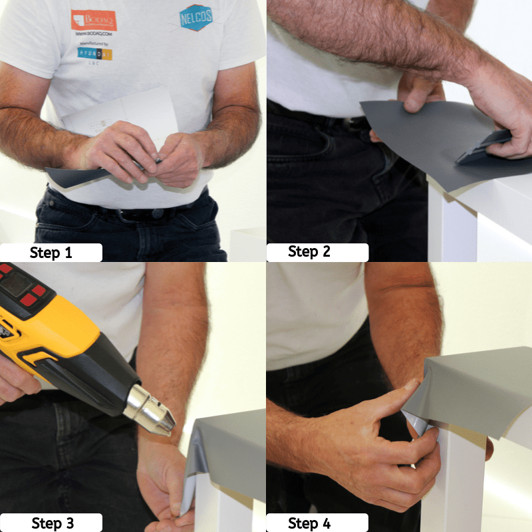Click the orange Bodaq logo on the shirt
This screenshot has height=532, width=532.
[x=94, y=20]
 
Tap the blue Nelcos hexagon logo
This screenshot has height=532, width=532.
[x=196, y=17]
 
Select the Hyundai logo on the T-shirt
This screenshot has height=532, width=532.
[x=94, y=54]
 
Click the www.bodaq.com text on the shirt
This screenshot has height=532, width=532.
[x=94, y=33]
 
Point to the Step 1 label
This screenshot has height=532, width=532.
[x=51, y=253]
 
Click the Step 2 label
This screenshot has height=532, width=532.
[x=317, y=253]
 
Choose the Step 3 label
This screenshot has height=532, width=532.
[x=51, y=523]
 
